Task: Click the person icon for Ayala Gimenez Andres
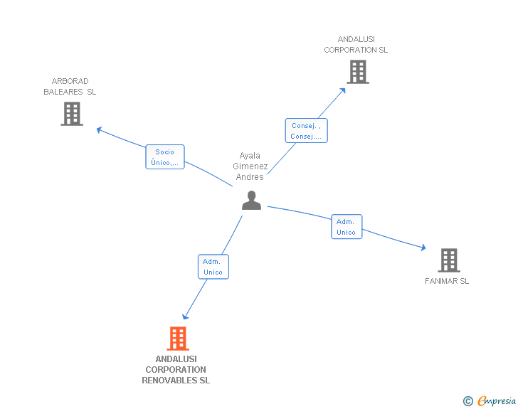tap(251, 201)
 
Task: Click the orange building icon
tap(178, 339)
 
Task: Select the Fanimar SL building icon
tap(448, 260)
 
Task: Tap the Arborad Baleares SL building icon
tap(72, 114)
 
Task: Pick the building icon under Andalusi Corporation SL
tap(357, 71)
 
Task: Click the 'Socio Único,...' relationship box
tap(165, 157)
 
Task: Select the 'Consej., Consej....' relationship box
tap(306, 131)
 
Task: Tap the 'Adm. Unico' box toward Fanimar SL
tap(347, 227)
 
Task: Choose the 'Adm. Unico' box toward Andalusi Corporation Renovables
tap(213, 267)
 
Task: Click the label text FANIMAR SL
tap(447, 281)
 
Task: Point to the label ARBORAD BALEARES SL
tap(70, 87)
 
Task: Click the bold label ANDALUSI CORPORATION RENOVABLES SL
tap(176, 370)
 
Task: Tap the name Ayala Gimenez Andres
tap(250, 166)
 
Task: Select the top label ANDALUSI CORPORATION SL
tap(356, 45)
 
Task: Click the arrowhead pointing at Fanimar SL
tap(423, 248)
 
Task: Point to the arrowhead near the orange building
tap(186, 317)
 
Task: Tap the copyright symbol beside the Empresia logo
tap(467, 401)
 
